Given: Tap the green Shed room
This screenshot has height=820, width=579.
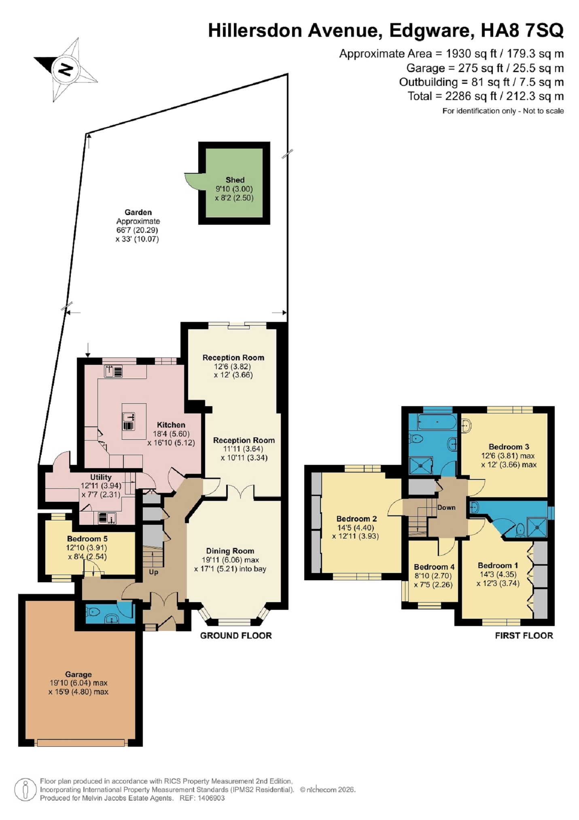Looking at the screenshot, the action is tap(234, 183).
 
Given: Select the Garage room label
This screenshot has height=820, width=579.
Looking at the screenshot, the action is tap(78, 674).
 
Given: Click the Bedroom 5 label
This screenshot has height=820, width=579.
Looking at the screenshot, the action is tap(87, 539).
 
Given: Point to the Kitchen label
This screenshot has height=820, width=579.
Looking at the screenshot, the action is tap(171, 425).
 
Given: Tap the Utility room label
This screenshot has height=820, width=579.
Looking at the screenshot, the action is tap(101, 477).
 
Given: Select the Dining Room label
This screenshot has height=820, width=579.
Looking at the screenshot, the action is tap(230, 551).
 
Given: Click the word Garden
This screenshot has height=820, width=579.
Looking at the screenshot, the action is tap(138, 212).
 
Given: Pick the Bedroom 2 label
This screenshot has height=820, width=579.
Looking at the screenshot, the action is tap(356, 519).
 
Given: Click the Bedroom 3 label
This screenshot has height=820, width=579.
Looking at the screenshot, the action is tap(509, 447).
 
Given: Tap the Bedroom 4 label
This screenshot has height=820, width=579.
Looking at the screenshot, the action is tap(434, 567).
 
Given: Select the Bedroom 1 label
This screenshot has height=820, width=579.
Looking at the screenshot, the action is tap(498, 565).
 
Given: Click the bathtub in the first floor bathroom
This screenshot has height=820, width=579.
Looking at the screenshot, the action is tap(437, 422).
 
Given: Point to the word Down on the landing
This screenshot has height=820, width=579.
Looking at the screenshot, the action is tap(446, 507).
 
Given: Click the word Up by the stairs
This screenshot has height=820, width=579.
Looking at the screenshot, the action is tap(154, 572).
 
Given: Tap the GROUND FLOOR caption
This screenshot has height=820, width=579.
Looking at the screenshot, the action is tap(236, 636).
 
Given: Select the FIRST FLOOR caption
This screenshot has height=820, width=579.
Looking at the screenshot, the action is tap(524, 636).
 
